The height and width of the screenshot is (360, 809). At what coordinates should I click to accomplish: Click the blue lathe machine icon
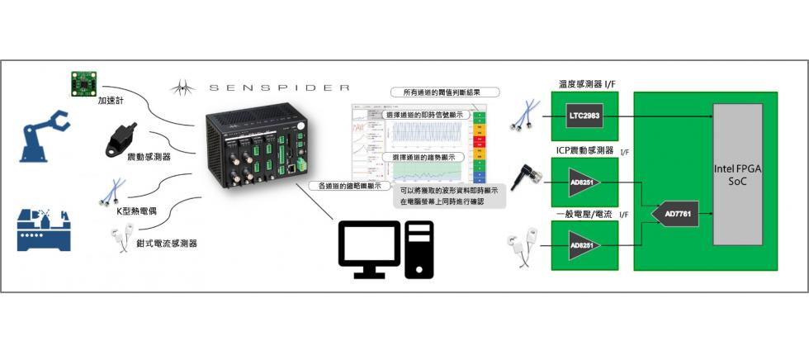pos(46,230)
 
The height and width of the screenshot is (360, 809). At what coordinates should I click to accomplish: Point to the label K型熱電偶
pos(137,212)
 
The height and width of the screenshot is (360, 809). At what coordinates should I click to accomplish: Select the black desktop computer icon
pos(385,249)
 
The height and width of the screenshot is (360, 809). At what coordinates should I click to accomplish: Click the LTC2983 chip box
pos(583,117)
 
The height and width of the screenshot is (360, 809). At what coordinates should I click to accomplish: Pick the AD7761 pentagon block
pos(684,215)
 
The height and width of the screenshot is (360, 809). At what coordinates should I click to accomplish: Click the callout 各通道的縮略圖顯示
pos(349,187)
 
